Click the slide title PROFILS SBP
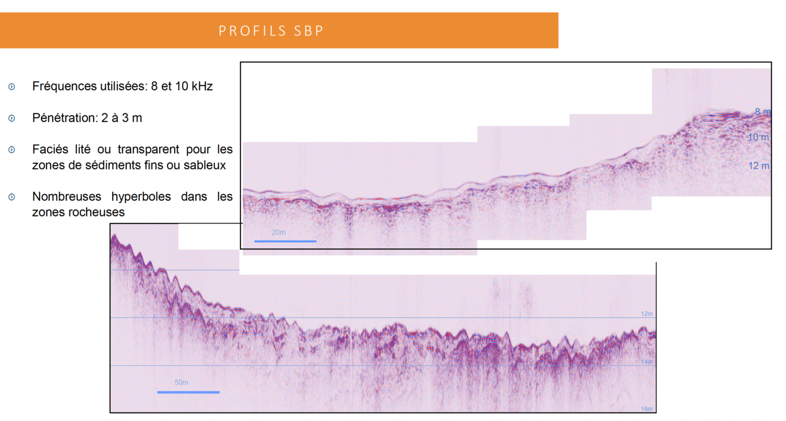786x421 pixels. point(271,31)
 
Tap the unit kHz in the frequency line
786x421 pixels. point(202,86)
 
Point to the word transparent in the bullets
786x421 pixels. point(148,149)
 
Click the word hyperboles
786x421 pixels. point(141,196)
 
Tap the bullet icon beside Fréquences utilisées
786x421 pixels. point(12,87)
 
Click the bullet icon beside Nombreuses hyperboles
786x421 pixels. point(12,197)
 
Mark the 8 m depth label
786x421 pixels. point(762,112)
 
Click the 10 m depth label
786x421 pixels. point(758,137)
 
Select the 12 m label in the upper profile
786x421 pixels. point(758,166)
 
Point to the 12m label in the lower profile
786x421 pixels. point(647,314)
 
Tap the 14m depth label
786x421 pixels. point(647,362)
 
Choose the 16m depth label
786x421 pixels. point(647,409)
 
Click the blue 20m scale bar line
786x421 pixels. point(285,241)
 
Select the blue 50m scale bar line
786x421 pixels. point(188,392)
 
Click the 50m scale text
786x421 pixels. point(181,383)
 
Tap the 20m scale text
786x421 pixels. point(278,233)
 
